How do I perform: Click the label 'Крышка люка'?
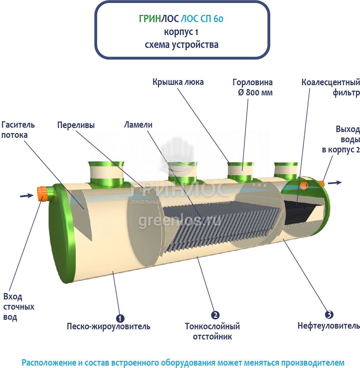pyautogui.click(x=178, y=82)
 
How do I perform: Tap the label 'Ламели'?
pyautogui.click(x=138, y=125)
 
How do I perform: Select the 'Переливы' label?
pyautogui.click(x=76, y=125)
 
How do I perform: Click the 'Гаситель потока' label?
pyautogui.click(x=18, y=130)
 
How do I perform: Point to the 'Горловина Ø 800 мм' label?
pyautogui.click(x=253, y=87)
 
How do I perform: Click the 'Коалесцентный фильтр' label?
pyautogui.click(x=331, y=88)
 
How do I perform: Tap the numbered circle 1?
pyautogui.click(x=120, y=318)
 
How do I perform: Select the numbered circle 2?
pyautogui.click(x=215, y=315)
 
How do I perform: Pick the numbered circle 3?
pyautogui.click(x=329, y=314)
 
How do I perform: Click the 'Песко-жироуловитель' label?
pyautogui.click(x=108, y=327)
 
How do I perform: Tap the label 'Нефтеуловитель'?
pyautogui.click(x=329, y=326)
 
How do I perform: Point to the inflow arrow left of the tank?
pyautogui.click(x=26, y=196)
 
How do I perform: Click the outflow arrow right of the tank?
pyautogui.click(x=335, y=182)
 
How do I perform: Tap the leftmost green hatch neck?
pyautogui.click(x=106, y=172)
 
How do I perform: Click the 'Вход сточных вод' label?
pyautogui.click(x=19, y=307)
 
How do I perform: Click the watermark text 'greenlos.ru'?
pyautogui.click(x=180, y=221)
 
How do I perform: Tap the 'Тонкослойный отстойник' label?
pyautogui.click(x=212, y=331)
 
